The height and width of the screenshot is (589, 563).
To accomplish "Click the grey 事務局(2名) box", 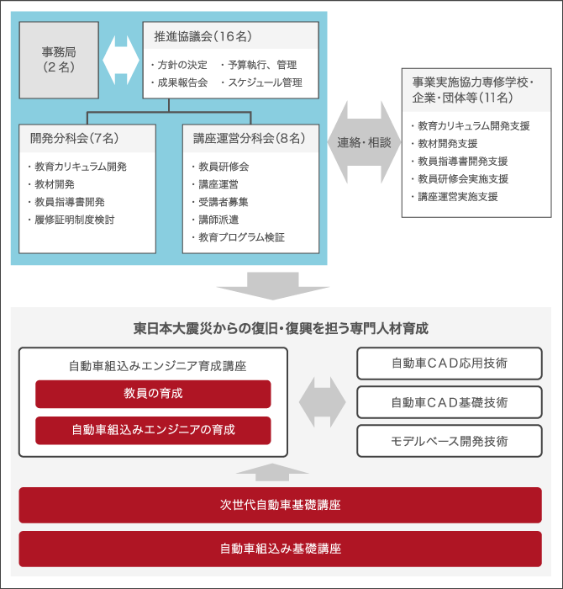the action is pyautogui.click(x=59, y=60).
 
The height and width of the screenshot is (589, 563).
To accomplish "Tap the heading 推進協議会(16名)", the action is pyautogui.click(x=203, y=36).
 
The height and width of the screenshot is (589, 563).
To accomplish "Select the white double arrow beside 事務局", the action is pyautogui.click(x=121, y=60).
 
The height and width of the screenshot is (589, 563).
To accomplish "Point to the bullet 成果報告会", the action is pyautogui.click(x=179, y=82).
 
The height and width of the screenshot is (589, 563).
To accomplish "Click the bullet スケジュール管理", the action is pyautogui.click(x=262, y=82).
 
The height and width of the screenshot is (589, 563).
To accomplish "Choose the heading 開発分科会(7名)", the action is pyautogui.click(x=74, y=138).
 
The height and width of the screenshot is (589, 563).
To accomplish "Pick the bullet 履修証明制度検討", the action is pyautogui.click(x=71, y=220).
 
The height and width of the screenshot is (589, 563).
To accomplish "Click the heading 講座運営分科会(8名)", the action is pyautogui.click(x=249, y=138).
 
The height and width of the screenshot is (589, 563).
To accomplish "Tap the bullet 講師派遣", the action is pyautogui.click(x=215, y=220).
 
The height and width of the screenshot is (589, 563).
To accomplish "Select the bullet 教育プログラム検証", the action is pyautogui.click(x=238, y=237).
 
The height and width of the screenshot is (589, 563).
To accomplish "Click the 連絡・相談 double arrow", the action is pyautogui.click(x=364, y=142).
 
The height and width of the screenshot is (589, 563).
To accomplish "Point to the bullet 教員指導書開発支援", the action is pyautogui.click(x=460, y=162).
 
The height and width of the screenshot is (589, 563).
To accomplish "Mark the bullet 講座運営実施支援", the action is pyautogui.click(x=455, y=197).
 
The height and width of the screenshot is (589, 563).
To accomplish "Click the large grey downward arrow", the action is pyautogui.click(x=273, y=286).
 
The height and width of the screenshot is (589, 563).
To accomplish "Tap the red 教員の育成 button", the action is pyautogui.click(x=153, y=394).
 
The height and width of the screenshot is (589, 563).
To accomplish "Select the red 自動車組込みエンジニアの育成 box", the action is pyautogui.click(x=153, y=431).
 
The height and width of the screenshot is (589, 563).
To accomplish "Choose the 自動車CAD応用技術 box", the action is pyautogui.click(x=450, y=363).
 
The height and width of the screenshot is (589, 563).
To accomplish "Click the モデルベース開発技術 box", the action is pyautogui.click(x=450, y=441).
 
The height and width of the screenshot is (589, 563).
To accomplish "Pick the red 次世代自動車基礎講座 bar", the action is pyautogui.click(x=280, y=505).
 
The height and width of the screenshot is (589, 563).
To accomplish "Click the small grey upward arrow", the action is pyautogui.click(x=272, y=472).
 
